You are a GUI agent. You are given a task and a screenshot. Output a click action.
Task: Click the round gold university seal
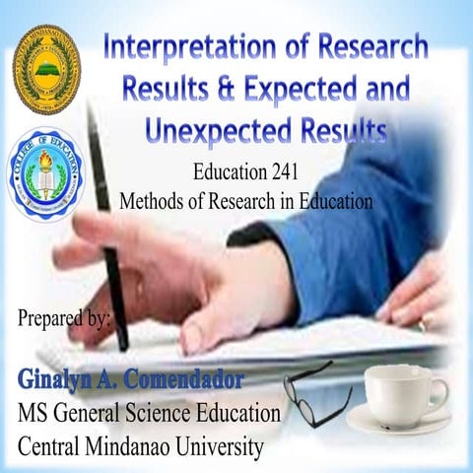point(46,69)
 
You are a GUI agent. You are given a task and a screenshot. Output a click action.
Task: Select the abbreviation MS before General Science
point(36,412)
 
